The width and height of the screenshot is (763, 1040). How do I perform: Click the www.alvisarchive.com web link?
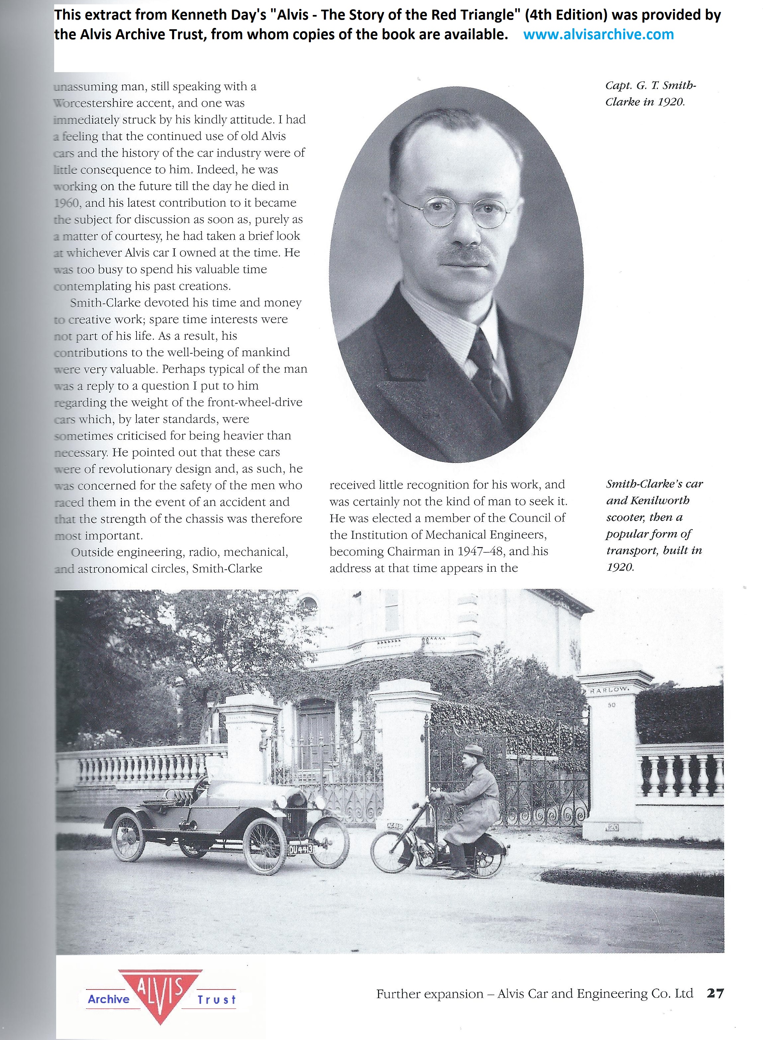coord(599,34)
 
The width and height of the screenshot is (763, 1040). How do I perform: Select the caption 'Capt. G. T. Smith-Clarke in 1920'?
coord(650,93)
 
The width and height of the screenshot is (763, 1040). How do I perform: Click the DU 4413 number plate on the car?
coord(301,849)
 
